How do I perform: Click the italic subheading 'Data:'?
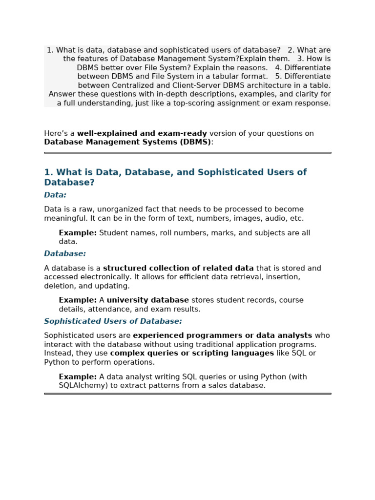[x=55, y=195]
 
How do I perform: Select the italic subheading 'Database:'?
[x=65, y=254]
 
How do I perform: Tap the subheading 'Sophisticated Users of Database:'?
[x=113, y=321]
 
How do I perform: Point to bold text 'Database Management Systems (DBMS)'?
[x=127, y=142]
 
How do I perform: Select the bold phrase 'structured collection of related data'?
[x=178, y=268]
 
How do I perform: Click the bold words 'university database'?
[x=147, y=300]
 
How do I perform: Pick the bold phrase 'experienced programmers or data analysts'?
[x=222, y=335]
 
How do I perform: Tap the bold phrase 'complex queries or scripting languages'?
[x=192, y=353]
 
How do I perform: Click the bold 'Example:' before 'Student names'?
[x=78, y=233]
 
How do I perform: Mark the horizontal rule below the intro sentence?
[x=187, y=153]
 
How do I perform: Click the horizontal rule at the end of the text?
[x=187, y=394]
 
